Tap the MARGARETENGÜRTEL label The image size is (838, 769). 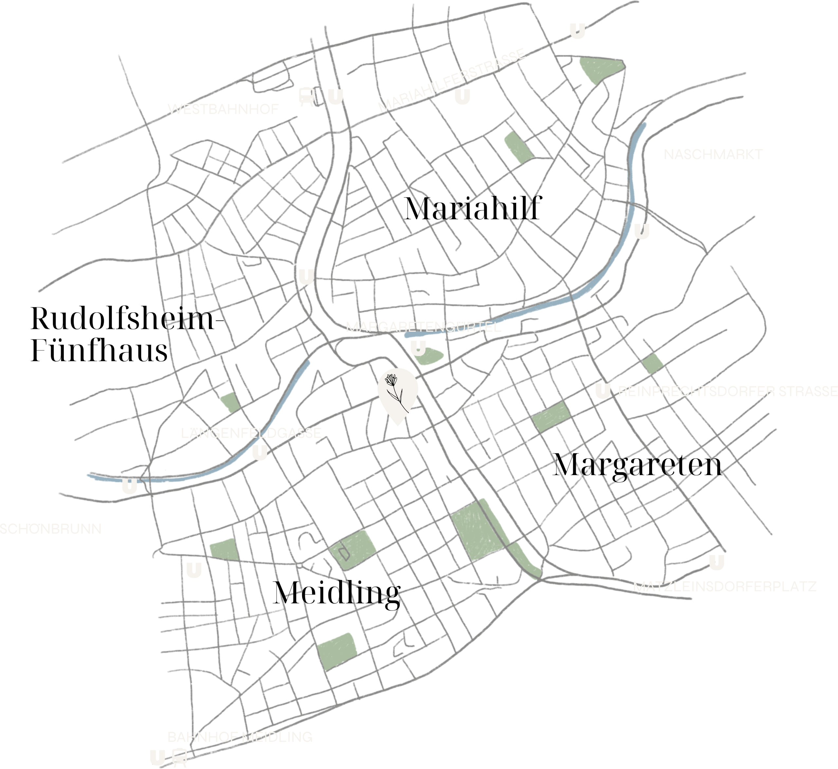424,327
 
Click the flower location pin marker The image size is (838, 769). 398,394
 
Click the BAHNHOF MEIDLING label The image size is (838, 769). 240,737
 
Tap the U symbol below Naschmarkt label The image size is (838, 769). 642,231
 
